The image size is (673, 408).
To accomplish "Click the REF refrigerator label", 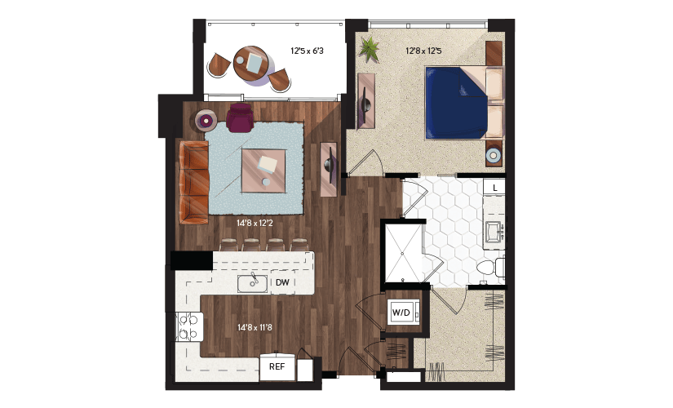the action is coord(277,366).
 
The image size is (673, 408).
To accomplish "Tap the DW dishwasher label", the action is coord(282,282).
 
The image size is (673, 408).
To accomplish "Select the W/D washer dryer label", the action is coord(401,313).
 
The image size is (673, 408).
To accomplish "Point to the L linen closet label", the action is coord(495,188).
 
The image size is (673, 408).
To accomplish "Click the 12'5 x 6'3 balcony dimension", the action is coord(307,51).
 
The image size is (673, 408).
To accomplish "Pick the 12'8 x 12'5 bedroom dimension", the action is coord(423,51).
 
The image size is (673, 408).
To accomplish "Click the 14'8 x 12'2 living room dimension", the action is coord(255,224).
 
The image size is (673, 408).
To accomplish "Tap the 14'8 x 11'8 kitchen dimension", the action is coord(255,328).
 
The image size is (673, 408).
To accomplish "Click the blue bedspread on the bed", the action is coord(456,103).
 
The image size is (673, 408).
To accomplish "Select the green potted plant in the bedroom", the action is coord(369,49).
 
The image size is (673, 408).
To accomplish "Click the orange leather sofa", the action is coord(194,183).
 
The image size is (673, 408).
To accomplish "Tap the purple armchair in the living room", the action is coord(240,118).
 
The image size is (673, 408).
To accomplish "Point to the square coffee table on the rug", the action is coord(263,171).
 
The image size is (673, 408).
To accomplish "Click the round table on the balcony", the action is coord(251,64).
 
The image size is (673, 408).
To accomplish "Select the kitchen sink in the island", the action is coord(253,283).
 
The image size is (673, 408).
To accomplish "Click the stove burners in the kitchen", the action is coord(190,326).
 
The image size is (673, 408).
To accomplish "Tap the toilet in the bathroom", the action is coord(490,268).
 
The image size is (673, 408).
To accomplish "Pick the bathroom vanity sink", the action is coord(494,231).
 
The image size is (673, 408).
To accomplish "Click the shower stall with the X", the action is coord(402,253).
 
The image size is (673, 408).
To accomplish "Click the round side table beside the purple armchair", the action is coord(206,121).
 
